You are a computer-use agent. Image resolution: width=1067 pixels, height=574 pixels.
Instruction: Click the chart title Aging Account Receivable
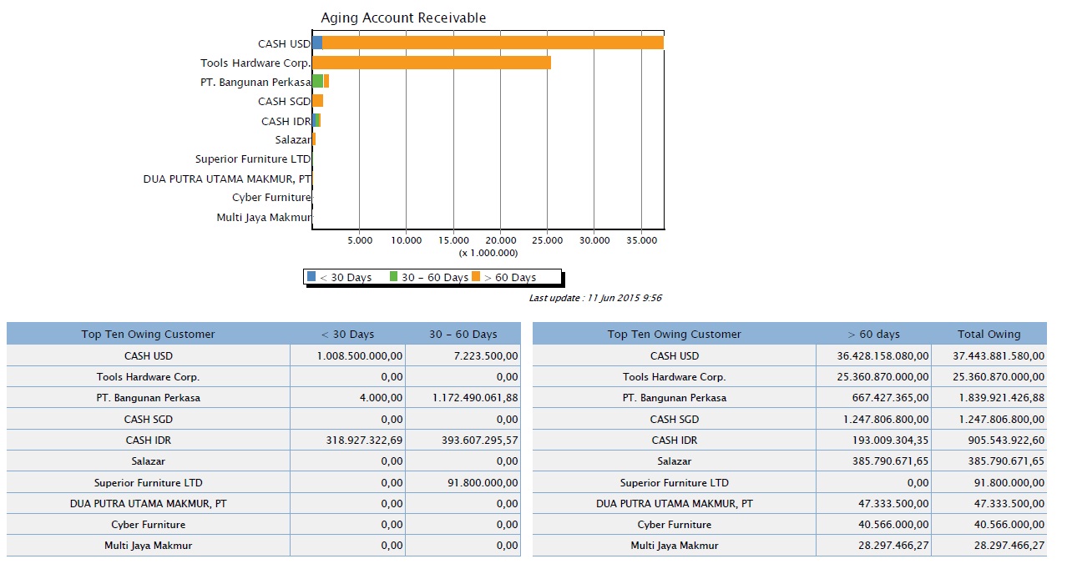(x=403, y=18)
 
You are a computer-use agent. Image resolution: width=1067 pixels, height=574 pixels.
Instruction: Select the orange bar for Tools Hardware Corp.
(x=431, y=63)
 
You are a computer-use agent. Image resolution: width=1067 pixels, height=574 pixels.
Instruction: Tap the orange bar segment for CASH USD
(x=493, y=43)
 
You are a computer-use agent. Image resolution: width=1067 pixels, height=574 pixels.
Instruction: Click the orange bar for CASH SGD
(x=318, y=101)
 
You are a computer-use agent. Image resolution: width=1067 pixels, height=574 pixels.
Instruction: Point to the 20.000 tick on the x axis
(x=500, y=240)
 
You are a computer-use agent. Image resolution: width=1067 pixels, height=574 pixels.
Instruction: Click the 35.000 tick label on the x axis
(x=641, y=240)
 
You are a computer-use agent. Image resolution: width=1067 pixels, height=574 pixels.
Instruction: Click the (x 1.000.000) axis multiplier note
(x=488, y=253)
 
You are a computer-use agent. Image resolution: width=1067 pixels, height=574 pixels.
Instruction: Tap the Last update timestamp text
(x=595, y=298)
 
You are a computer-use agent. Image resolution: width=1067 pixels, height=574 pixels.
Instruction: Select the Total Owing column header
(x=989, y=335)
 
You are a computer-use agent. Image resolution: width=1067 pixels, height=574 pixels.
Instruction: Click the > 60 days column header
(x=873, y=335)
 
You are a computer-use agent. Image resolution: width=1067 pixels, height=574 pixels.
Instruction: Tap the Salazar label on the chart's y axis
(x=292, y=140)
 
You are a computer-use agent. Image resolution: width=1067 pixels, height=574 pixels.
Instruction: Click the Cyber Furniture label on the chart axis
(x=271, y=198)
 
